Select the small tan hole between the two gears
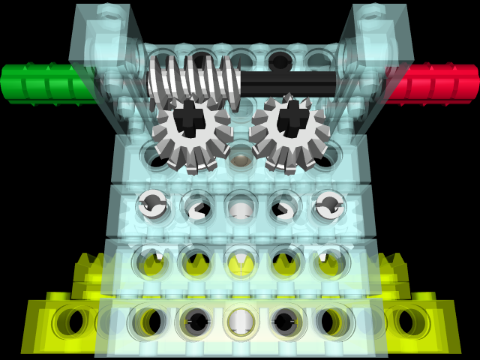click(x=240, y=160)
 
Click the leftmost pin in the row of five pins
click(x=152, y=205)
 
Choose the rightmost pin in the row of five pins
click(x=328, y=205)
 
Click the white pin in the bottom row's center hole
click(x=241, y=322)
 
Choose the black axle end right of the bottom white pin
click(x=286, y=322)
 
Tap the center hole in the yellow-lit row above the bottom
click(x=241, y=263)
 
